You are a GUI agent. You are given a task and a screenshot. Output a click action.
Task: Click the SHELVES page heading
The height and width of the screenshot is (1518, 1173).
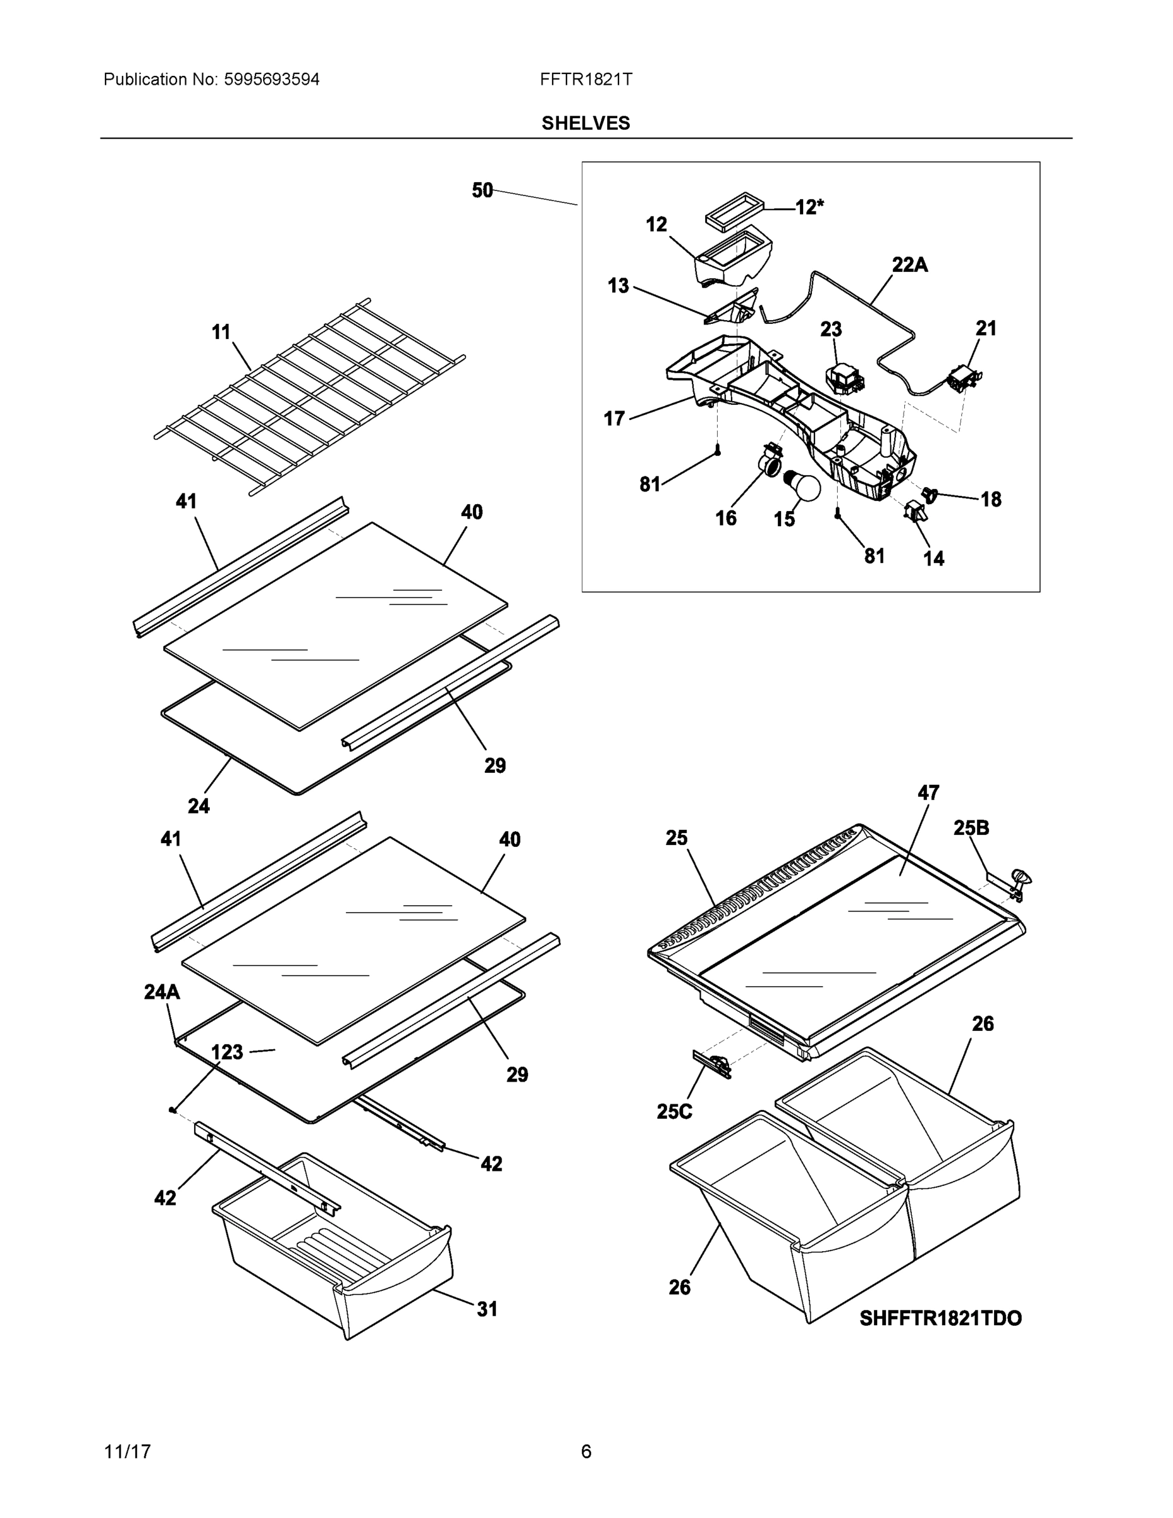pos(585,123)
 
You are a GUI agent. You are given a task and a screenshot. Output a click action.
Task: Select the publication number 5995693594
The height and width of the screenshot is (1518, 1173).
pos(271,80)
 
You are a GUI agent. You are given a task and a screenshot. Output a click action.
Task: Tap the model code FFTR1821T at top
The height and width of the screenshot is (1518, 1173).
pos(586,80)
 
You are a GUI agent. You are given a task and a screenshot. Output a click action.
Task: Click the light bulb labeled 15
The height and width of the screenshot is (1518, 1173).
pos(802,486)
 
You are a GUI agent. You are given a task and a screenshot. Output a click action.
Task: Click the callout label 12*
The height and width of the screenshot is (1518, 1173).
pos(809,207)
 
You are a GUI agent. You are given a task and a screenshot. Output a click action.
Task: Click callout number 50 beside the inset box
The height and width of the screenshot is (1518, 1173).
pos(482,190)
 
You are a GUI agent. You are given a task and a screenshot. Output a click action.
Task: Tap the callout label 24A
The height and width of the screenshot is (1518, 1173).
pos(162,992)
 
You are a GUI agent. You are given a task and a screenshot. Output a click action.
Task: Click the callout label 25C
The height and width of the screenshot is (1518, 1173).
pos(674,1111)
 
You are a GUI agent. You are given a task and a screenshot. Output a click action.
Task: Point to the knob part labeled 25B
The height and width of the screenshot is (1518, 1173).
pos(1020,877)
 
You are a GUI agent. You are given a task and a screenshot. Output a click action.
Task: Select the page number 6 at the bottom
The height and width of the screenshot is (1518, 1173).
pos(586,1452)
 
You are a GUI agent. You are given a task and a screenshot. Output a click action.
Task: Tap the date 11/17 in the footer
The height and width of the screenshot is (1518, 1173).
pos(127,1452)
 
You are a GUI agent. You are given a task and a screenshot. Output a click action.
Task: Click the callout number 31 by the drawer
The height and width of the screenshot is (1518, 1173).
pos(486,1309)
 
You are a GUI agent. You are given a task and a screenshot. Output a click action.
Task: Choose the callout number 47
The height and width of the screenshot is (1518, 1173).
pos(928,793)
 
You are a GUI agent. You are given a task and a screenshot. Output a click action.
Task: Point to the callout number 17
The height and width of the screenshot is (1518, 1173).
pos(614,419)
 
